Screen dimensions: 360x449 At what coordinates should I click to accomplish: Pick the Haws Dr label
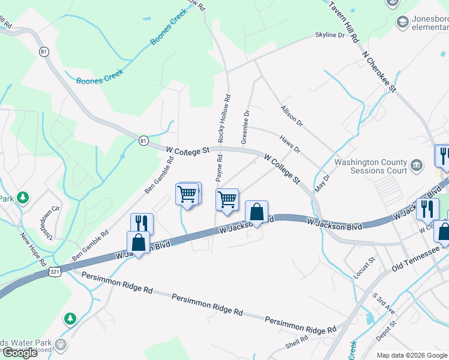pyautogui.click(x=289, y=144)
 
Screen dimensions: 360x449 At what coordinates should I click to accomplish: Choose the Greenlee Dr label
pyautogui.click(x=245, y=125)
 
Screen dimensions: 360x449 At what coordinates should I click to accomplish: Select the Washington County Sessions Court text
pyautogui.click(x=370, y=166)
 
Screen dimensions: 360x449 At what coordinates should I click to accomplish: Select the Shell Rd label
pyautogui.click(x=297, y=342)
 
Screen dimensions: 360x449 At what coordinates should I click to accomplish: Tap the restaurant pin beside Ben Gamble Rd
pyautogui.click(x=142, y=223)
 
